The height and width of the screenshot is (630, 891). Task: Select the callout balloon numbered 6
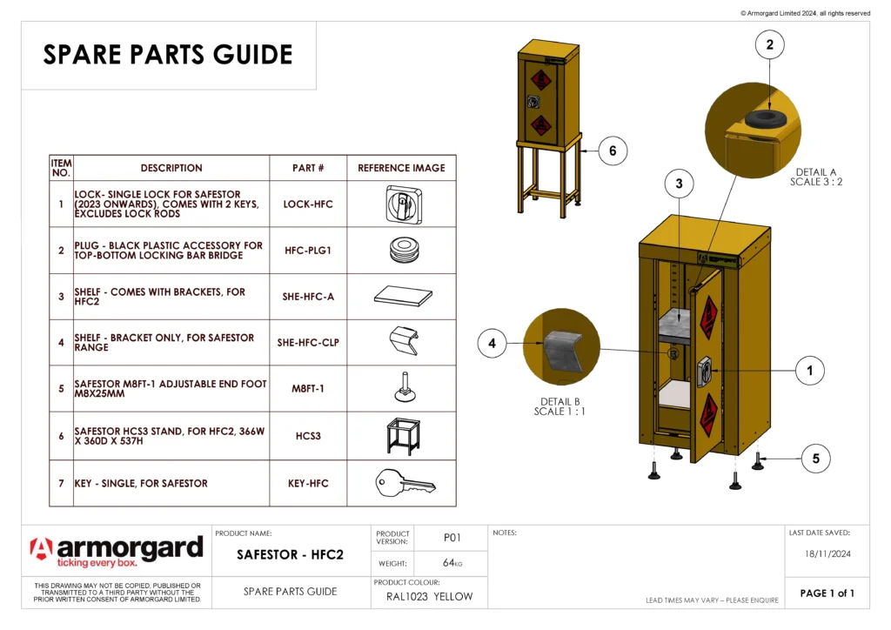click(x=613, y=151)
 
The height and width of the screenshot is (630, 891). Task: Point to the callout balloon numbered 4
click(x=492, y=344)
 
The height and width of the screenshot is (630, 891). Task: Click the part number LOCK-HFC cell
click(x=308, y=204)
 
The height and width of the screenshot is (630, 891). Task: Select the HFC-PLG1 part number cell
click(x=308, y=251)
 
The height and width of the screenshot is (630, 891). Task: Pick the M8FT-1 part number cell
click(x=308, y=388)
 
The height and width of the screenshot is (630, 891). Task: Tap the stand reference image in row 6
click(x=401, y=434)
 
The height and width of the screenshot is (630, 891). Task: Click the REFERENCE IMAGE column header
click(x=401, y=168)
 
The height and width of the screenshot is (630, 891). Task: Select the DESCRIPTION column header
click(x=171, y=168)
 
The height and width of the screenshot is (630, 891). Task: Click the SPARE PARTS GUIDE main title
click(x=168, y=55)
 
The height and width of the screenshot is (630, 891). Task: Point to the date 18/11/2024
click(x=826, y=553)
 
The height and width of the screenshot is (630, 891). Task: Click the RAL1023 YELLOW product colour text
click(x=429, y=596)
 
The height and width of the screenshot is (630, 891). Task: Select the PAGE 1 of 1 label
click(x=827, y=593)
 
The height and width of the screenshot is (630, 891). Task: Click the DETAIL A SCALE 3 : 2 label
click(x=815, y=178)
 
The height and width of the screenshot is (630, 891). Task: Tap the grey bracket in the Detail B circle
click(x=563, y=352)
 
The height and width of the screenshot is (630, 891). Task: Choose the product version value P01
click(x=452, y=537)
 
